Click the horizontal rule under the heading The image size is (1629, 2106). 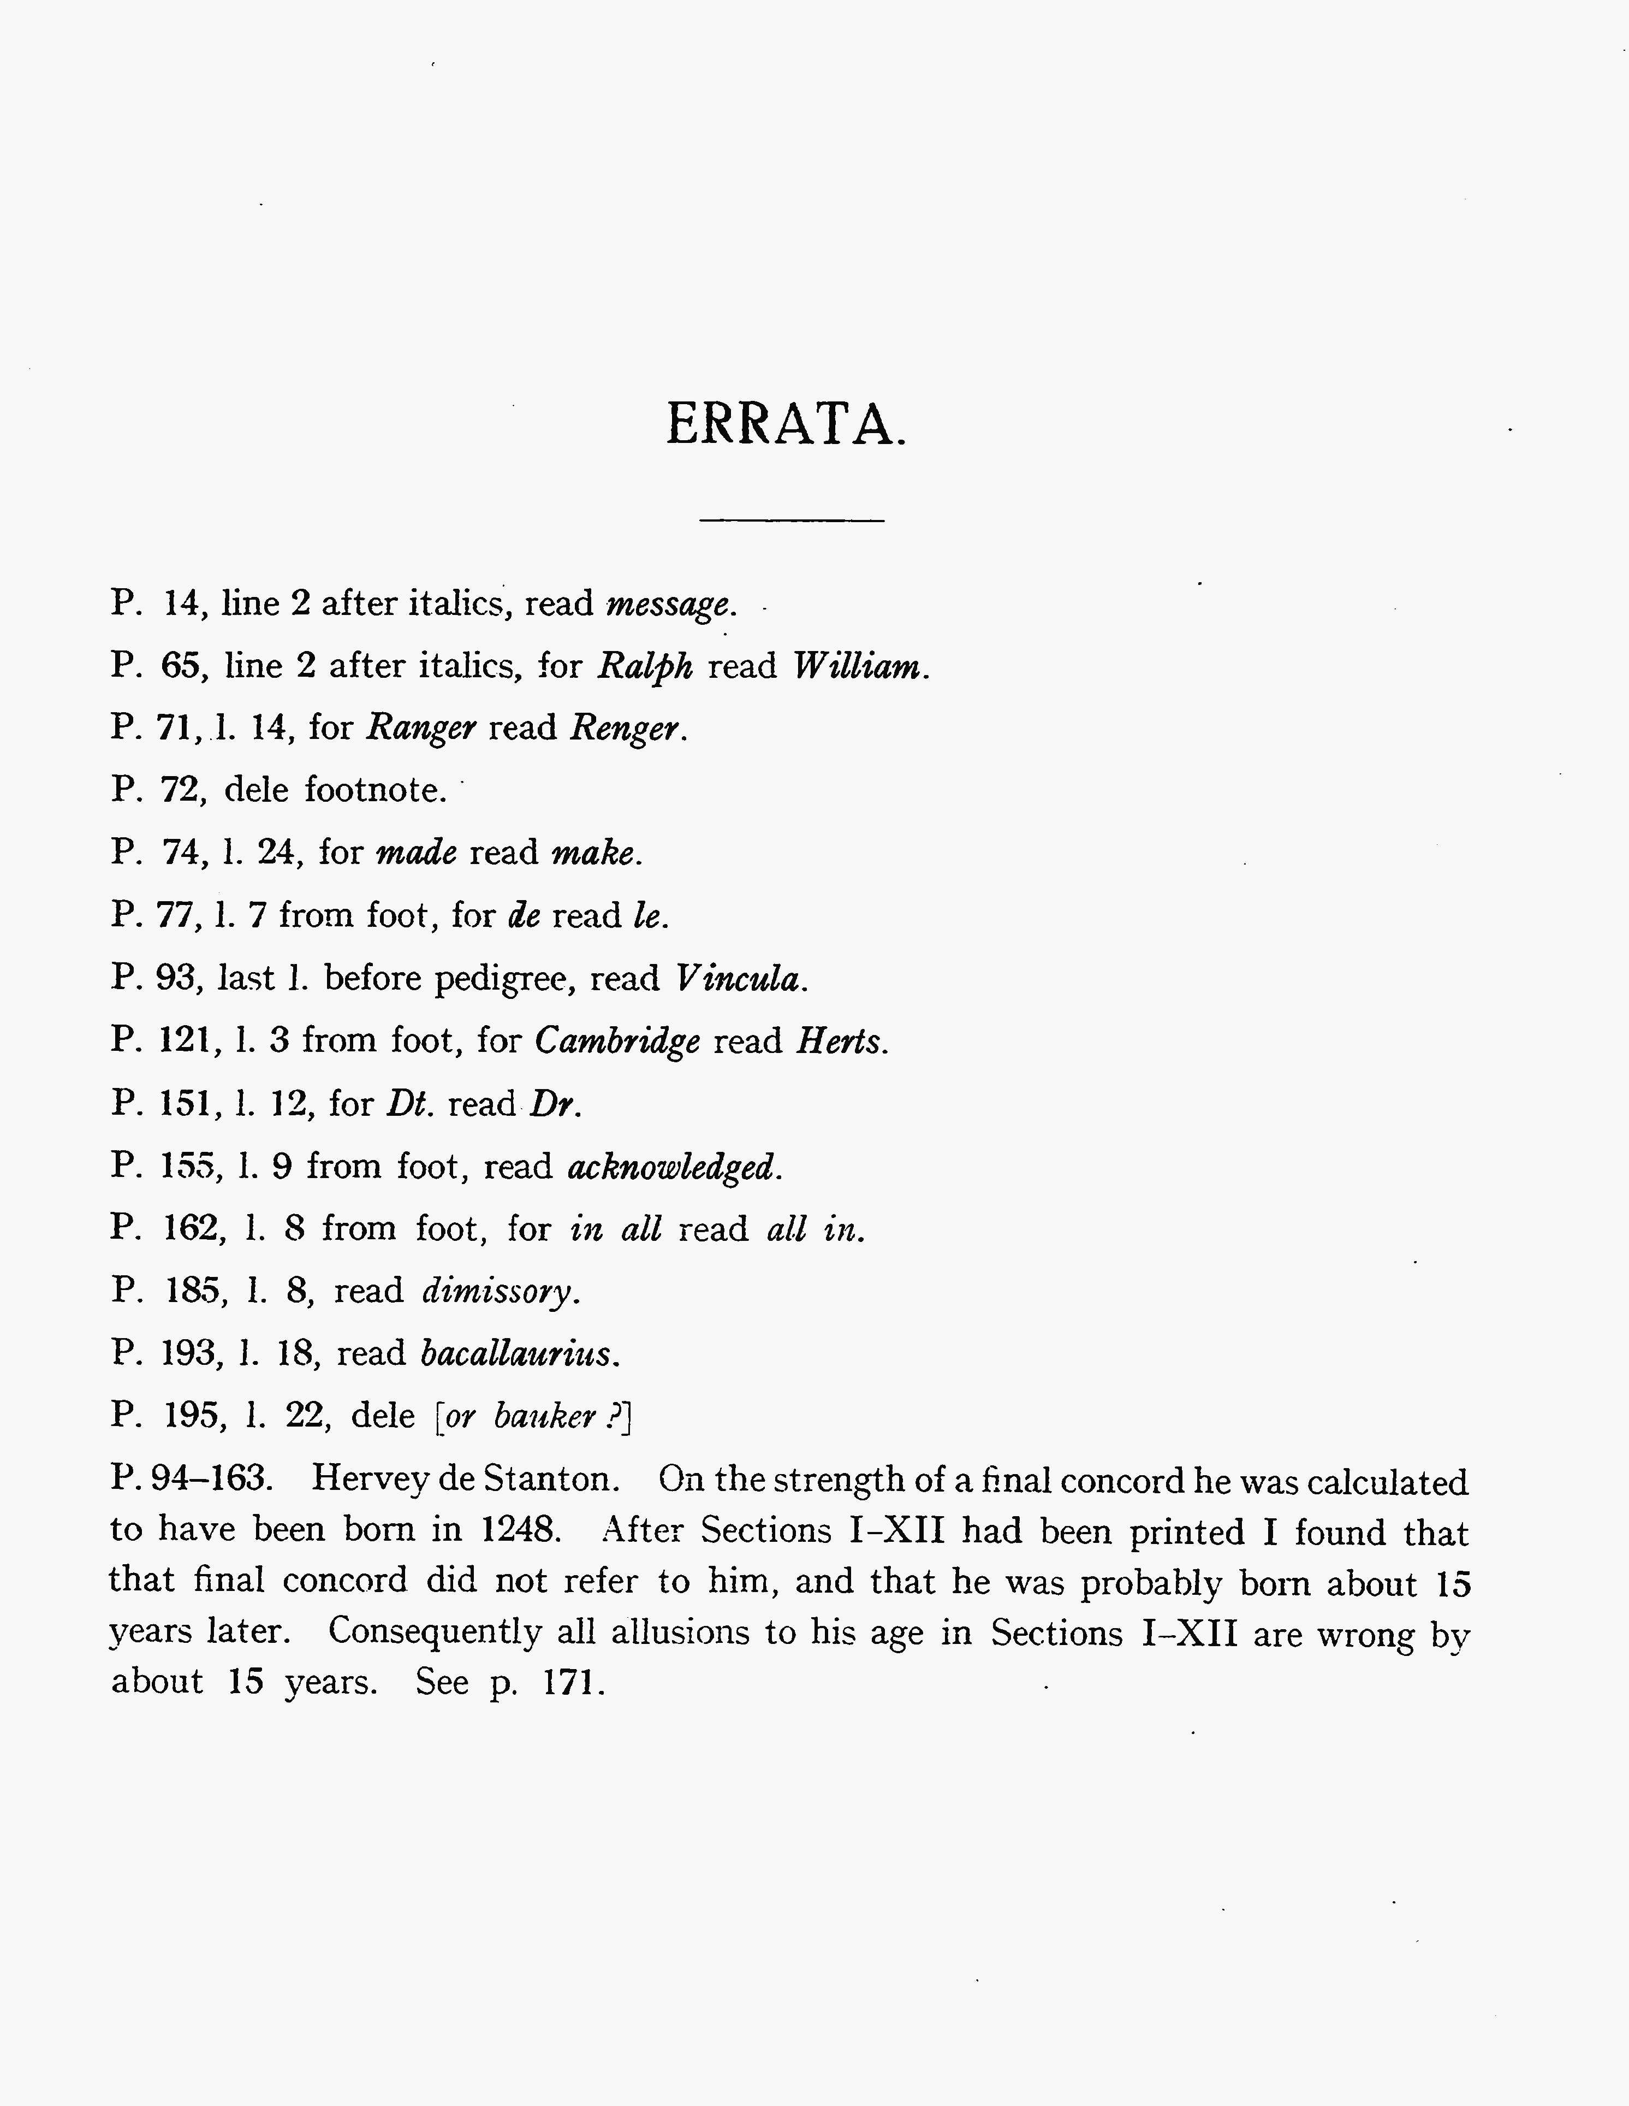pyautogui.click(x=792, y=520)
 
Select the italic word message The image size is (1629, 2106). pyautogui.click(x=669, y=605)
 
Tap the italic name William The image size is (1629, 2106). pyautogui.click(x=858, y=666)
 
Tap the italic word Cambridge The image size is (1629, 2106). pyautogui.click(x=617, y=1042)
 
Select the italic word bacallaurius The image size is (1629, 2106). pyautogui.click(x=516, y=1354)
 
